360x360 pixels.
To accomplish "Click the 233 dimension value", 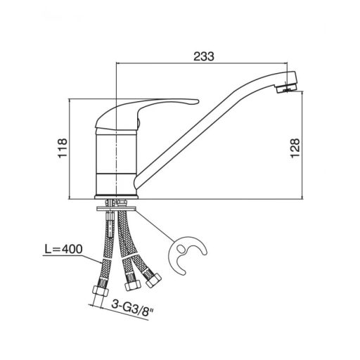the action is pos(204,56).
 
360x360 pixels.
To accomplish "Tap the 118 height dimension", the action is pos(63,148).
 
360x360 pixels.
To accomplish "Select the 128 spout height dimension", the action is pos(295,148).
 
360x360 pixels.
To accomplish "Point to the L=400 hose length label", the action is pos(63,249).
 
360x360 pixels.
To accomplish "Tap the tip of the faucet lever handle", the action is pos(198,101).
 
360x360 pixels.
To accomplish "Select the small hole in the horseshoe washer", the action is pos(181,248).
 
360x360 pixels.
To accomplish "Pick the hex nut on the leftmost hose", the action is pos(101,291).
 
